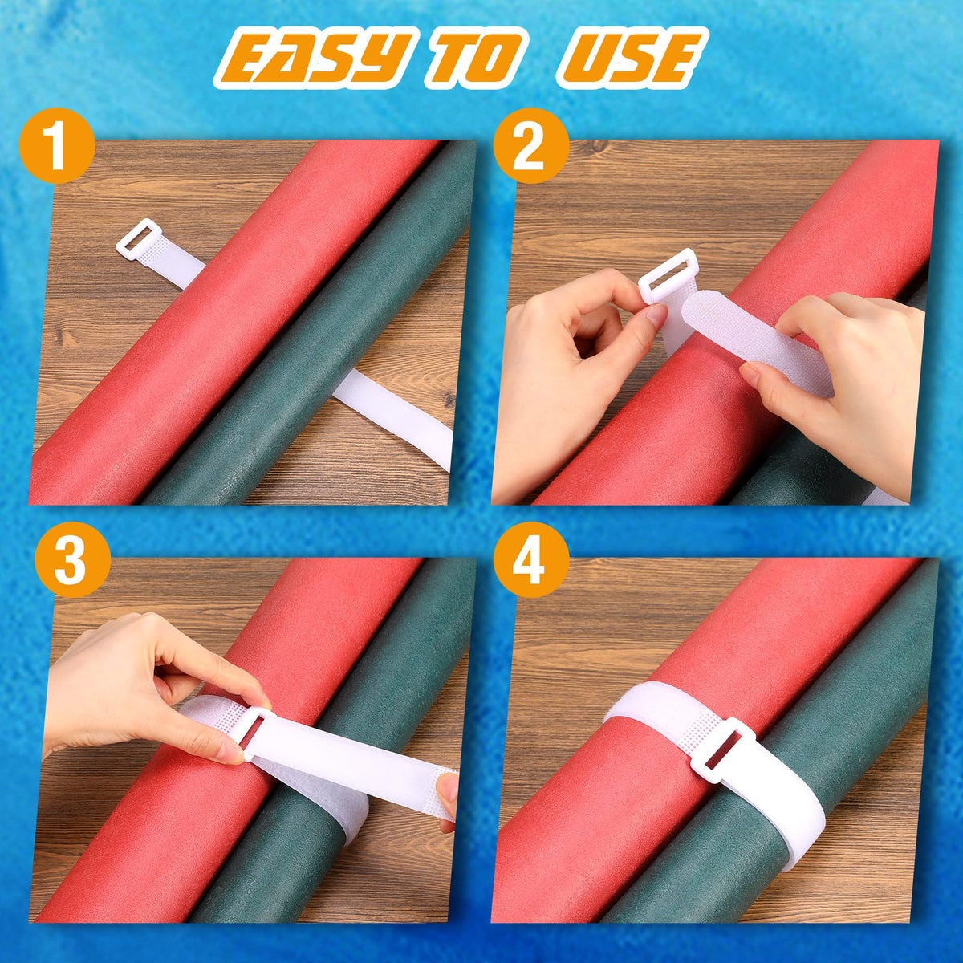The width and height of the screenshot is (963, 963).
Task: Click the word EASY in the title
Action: point(314,58)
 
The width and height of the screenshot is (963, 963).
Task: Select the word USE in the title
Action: point(632,58)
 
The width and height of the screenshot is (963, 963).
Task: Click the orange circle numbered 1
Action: point(57,145)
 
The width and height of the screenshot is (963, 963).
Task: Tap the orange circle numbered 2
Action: point(530,145)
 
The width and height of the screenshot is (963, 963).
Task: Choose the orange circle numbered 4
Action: point(530,559)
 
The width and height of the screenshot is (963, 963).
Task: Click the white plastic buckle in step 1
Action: point(138,238)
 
